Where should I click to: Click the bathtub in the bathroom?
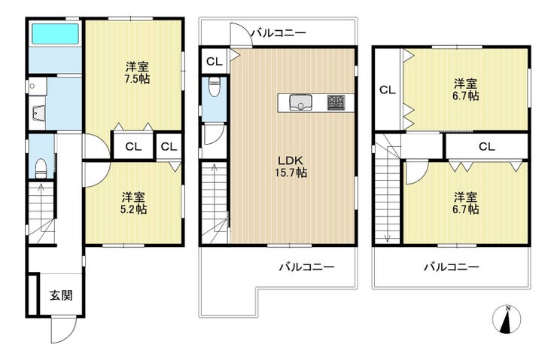click(55, 34)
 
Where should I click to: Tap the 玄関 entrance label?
click(61, 295)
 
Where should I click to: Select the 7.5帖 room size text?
click(137, 79)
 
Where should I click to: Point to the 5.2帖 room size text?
click(133, 209)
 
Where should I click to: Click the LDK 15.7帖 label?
click(291, 166)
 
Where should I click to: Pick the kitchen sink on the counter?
click(300, 102)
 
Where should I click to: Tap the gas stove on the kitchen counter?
click(336, 102)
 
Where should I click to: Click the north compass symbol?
click(507, 319)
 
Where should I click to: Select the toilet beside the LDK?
click(214, 87)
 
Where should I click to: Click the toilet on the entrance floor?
click(41, 168)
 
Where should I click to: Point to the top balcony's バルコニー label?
click(278, 33)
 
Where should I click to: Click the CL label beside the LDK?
click(215, 62)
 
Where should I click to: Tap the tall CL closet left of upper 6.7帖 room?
click(388, 90)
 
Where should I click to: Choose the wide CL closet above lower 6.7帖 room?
click(487, 146)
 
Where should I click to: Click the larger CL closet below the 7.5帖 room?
click(133, 146)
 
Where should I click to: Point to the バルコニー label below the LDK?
click(306, 267)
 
